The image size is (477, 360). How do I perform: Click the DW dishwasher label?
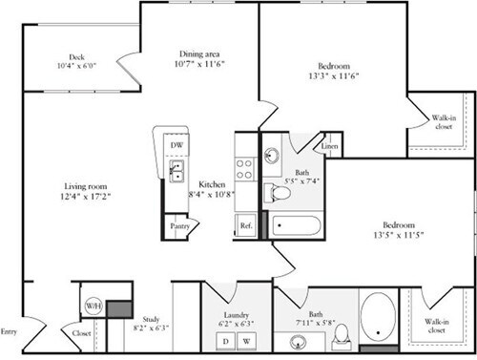(178, 145)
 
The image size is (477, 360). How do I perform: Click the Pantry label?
(178, 226)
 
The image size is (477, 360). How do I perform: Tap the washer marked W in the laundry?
(246, 340)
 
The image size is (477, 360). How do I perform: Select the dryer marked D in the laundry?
(225, 340)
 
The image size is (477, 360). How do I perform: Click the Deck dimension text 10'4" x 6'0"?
(77, 65)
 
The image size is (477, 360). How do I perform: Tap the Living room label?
(85, 186)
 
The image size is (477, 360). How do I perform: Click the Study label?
(149, 319)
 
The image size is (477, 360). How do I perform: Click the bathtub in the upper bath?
(297, 227)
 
